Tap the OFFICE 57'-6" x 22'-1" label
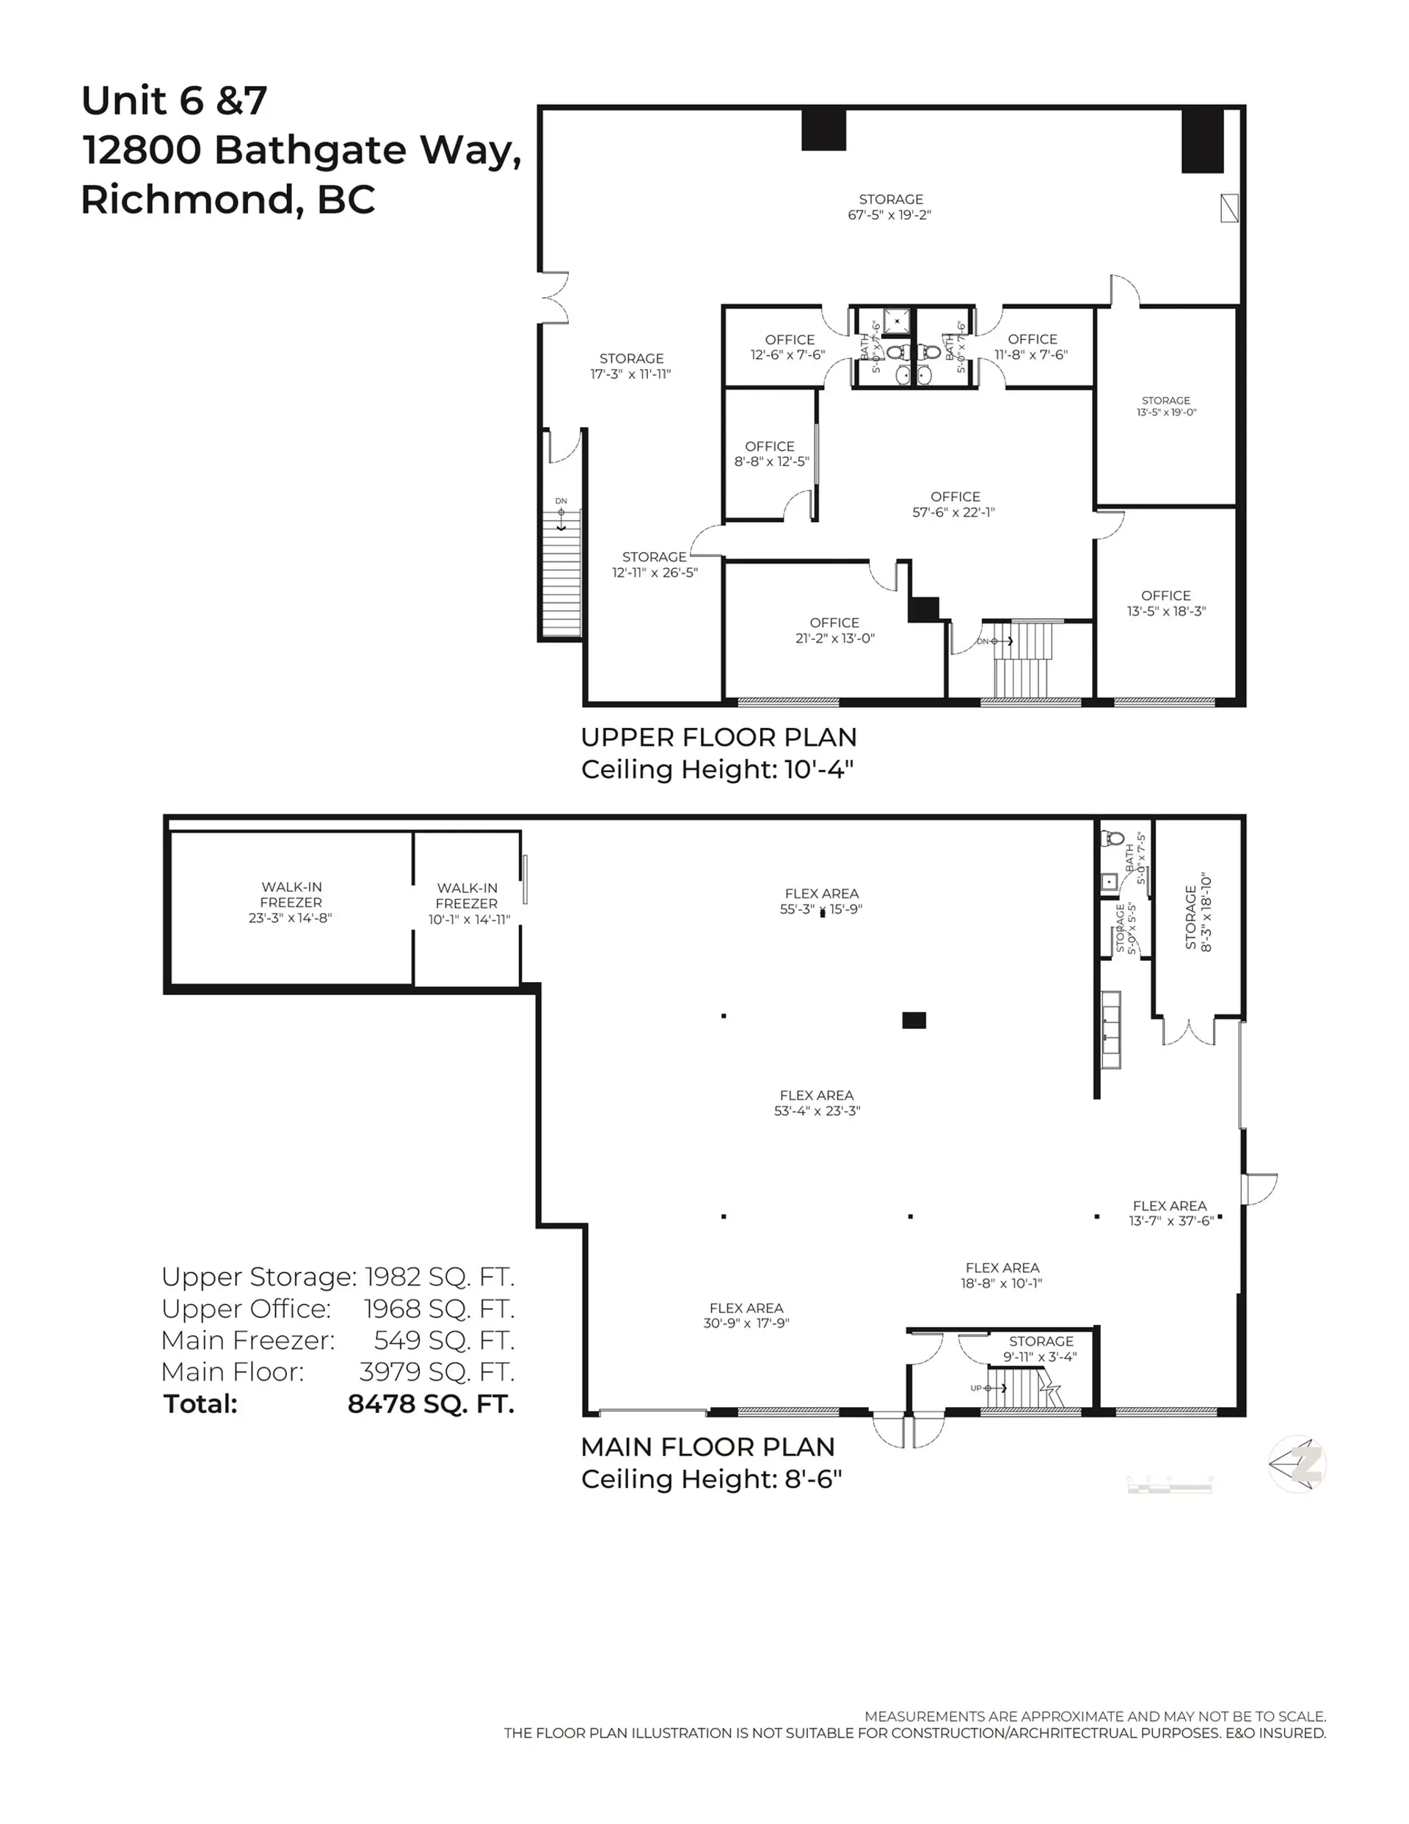tap(954, 504)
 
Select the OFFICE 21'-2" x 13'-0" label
tap(834, 630)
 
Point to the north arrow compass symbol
tap(1296, 1464)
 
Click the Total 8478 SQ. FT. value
tap(430, 1404)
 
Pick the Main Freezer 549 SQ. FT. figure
tap(443, 1340)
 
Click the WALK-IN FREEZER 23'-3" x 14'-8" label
tap(291, 902)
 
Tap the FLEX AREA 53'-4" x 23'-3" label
tap(816, 1102)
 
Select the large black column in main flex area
tap(914, 1020)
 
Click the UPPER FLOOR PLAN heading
tap(718, 738)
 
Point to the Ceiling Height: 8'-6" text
tap(711, 1479)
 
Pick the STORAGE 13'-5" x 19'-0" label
tap(1166, 406)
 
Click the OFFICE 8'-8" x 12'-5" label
tap(770, 454)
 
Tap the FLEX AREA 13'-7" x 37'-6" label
tap(1169, 1213)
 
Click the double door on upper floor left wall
tap(555, 297)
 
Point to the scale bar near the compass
tap(1168, 1484)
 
